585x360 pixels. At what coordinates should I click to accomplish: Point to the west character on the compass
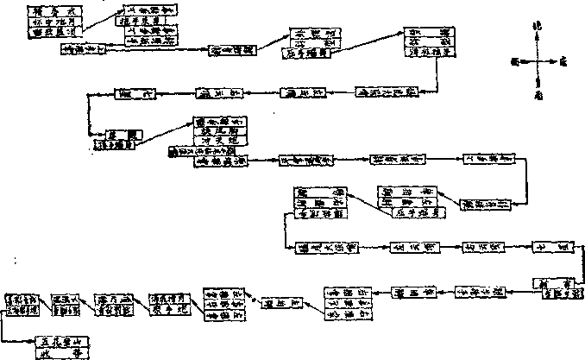(514, 61)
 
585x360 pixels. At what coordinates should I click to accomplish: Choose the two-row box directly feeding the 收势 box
(22, 304)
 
